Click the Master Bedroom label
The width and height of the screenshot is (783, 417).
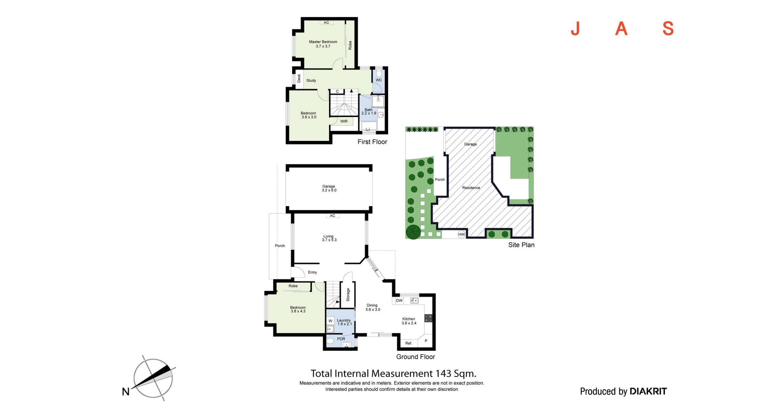tap(323, 42)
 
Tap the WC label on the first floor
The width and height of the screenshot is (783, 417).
tap(379, 80)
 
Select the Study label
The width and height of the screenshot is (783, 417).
tap(311, 80)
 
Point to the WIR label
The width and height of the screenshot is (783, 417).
tap(344, 121)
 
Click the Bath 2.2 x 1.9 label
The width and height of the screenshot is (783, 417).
tap(369, 112)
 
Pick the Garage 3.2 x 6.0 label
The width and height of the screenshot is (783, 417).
tap(329, 188)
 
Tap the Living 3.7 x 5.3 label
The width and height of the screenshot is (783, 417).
tap(329, 238)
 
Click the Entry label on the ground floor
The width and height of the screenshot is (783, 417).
tap(312, 272)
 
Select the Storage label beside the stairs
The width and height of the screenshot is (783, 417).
tap(348, 294)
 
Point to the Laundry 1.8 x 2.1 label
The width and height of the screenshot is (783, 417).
tap(344, 322)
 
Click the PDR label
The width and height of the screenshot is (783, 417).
tap(341, 339)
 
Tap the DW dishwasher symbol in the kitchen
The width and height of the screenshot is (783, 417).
tap(399, 301)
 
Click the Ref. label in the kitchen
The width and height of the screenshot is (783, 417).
tap(409, 343)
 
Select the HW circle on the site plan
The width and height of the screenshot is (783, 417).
tap(462, 234)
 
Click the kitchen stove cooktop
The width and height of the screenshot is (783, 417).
tap(429, 318)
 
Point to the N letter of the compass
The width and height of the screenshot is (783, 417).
tap(126, 392)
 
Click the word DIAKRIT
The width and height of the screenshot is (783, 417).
tap(648, 391)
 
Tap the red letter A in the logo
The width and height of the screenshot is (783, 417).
tap(621, 29)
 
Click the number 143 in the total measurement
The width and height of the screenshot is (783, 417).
tap(443, 374)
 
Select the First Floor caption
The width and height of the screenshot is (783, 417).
tap(372, 142)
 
